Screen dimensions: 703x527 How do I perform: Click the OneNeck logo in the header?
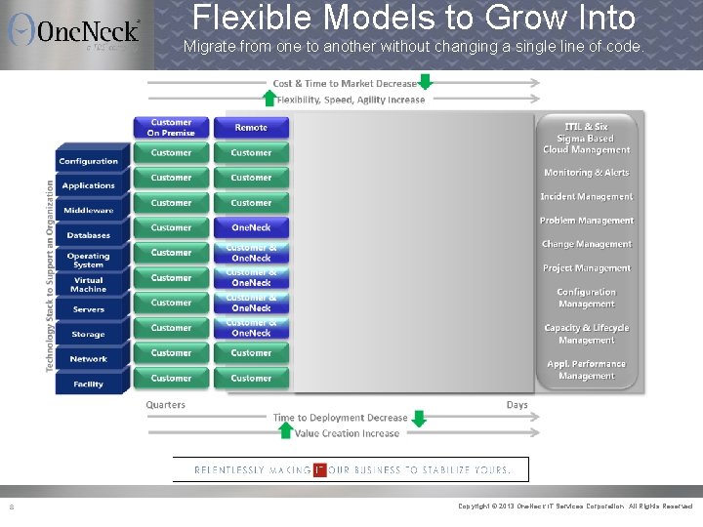point(75,31)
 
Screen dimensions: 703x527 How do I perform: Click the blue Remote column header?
point(251,128)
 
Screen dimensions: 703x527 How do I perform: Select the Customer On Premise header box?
point(171,128)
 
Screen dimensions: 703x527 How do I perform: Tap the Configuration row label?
point(88,161)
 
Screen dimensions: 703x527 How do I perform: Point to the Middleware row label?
point(88,211)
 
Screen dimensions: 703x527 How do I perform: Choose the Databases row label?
point(88,235)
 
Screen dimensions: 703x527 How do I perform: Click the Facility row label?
point(88,385)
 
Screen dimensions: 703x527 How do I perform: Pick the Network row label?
point(88,359)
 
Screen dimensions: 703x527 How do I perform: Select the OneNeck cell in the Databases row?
point(251,227)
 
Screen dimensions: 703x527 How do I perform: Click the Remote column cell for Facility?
point(251,378)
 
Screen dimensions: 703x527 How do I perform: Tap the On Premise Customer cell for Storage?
point(171,328)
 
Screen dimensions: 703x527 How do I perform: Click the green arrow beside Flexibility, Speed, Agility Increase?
point(269,98)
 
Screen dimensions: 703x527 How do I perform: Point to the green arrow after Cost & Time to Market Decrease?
point(425,82)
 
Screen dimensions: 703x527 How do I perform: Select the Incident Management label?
point(586,197)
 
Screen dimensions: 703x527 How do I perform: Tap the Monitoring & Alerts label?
point(586,173)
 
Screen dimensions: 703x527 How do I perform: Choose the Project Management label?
point(586,268)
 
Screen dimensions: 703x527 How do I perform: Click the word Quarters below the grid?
point(166,405)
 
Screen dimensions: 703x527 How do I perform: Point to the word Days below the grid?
point(517,405)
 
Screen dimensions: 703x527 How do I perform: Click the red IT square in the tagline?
point(319,469)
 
